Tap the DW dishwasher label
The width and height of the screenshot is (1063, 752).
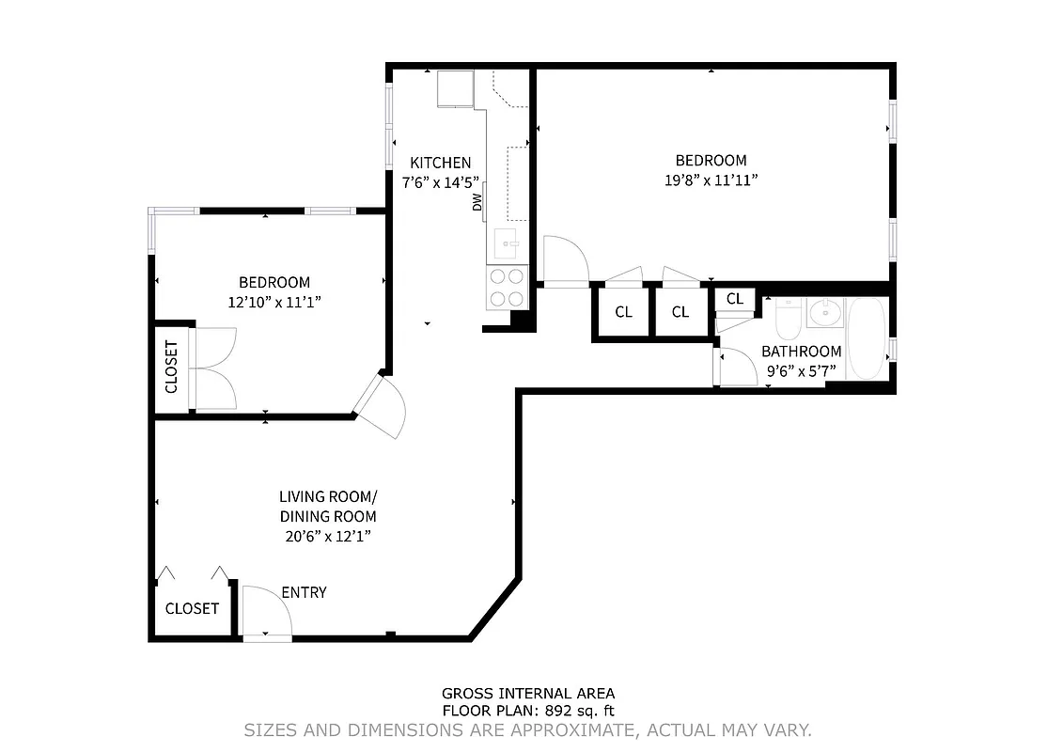tap(477, 200)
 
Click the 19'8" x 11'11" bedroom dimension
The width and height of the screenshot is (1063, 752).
tap(711, 180)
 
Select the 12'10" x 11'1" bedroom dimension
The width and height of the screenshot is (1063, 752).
tap(274, 302)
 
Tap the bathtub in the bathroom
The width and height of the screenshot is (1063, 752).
tap(866, 338)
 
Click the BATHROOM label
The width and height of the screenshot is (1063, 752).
tap(801, 352)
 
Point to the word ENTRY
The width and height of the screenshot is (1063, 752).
tap(304, 592)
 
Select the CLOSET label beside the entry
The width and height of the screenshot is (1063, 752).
tap(192, 608)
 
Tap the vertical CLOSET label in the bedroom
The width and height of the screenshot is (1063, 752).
tap(171, 367)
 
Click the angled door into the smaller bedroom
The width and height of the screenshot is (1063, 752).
tap(381, 406)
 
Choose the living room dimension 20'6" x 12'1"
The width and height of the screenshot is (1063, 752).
tap(327, 537)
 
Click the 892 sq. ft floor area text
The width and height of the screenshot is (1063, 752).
tap(528, 712)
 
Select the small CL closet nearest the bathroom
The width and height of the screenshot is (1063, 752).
tap(734, 299)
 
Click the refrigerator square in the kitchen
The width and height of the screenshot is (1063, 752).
tap(455, 87)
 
